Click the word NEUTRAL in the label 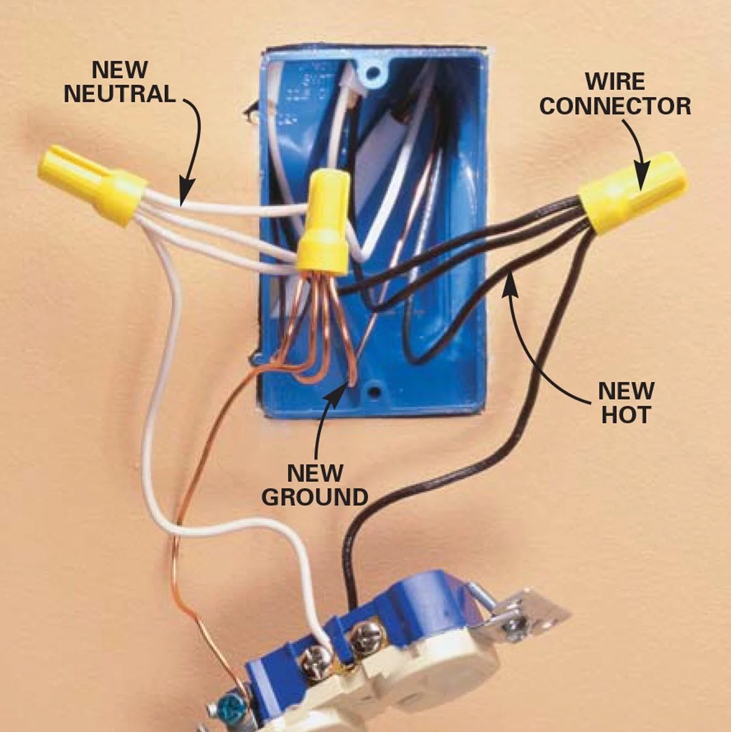[x=119, y=94]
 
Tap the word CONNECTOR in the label [x=615, y=106]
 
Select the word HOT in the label [x=626, y=414]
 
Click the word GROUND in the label [x=315, y=497]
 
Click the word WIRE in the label [x=615, y=81]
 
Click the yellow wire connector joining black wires [x=630, y=192]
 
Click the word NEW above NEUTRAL [x=119, y=69]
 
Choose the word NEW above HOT [x=626, y=390]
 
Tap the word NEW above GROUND [x=315, y=472]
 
